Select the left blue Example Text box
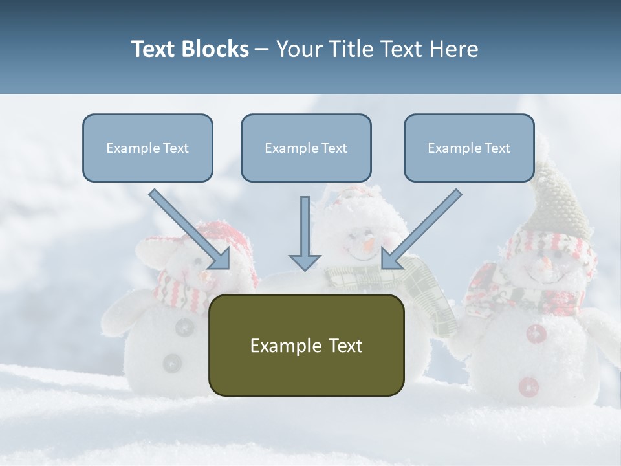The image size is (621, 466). (147, 148)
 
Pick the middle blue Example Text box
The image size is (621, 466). (306, 148)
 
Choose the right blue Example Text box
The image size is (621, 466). (469, 148)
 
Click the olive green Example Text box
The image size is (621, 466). (306, 345)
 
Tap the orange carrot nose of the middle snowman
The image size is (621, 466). (369, 244)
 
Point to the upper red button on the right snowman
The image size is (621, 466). (536, 334)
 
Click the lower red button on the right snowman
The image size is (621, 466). (528, 386)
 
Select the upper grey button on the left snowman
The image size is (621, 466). (185, 327)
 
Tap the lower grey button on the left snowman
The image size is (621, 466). (172, 362)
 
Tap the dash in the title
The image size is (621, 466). (262, 49)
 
